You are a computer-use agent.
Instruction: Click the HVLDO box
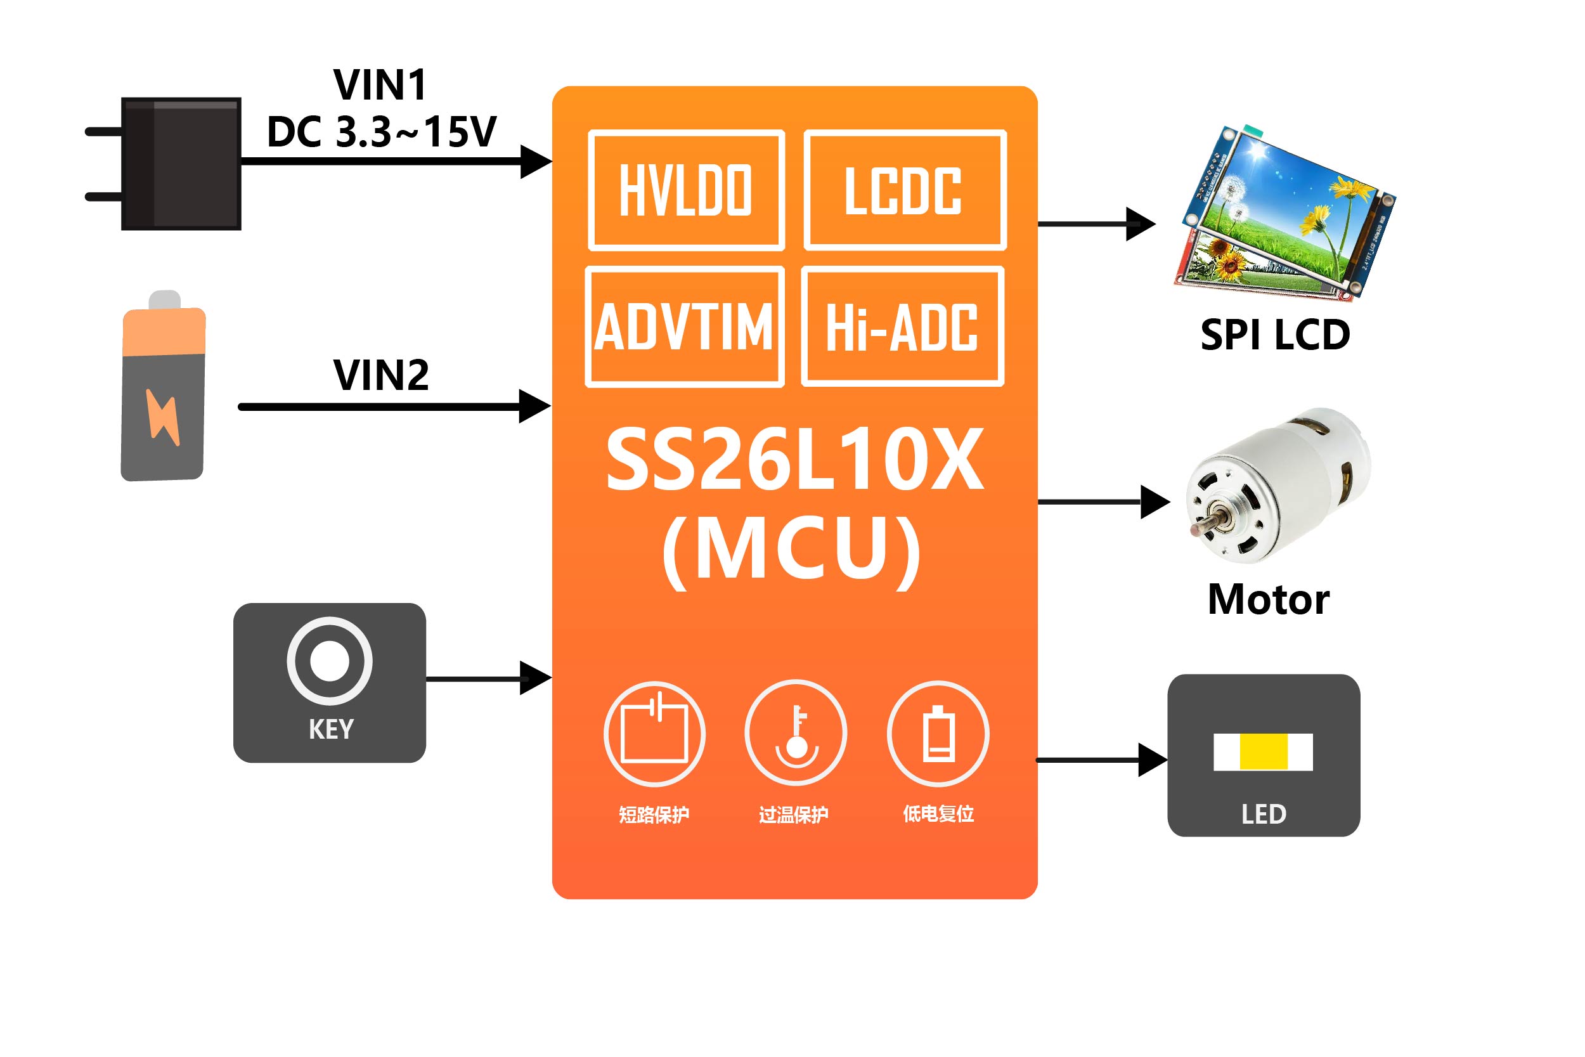coord(686,190)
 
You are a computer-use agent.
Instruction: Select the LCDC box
coord(904,190)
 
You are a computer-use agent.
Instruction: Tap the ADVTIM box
coord(684,327)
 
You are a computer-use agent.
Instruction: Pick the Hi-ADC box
coord(902,327)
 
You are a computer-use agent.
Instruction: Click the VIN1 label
coord(381,85)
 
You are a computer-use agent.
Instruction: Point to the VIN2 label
coord(381,375)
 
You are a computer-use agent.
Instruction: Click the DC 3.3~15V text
coord(382,131)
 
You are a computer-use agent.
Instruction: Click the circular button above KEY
coord(330,661)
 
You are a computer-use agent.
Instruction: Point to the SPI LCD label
coord(1275,334)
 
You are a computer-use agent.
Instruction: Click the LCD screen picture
coord(1284,212)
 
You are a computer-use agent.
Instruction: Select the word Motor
coord(1268,599)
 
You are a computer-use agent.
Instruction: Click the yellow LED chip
coord(1264,751)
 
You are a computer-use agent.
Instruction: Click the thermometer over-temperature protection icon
coord(796,733)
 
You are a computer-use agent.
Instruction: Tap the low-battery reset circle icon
coord(938,733)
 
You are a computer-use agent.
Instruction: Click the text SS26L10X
coord(795,460)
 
